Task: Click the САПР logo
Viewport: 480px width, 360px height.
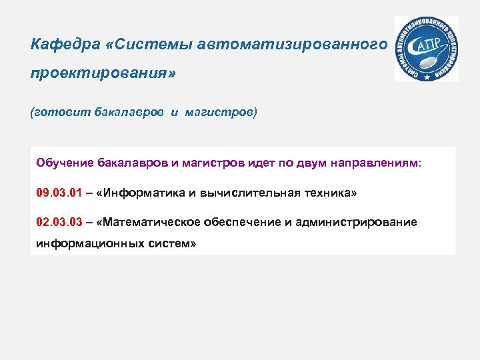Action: (426, 49)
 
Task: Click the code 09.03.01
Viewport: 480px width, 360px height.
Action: (59, 193)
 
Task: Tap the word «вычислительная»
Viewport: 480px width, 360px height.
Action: (247, 193)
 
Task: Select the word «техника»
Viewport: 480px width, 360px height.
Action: (331, 193)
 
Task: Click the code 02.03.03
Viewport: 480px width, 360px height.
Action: (59, 221)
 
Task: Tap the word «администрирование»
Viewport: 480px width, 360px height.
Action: (361, 221)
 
